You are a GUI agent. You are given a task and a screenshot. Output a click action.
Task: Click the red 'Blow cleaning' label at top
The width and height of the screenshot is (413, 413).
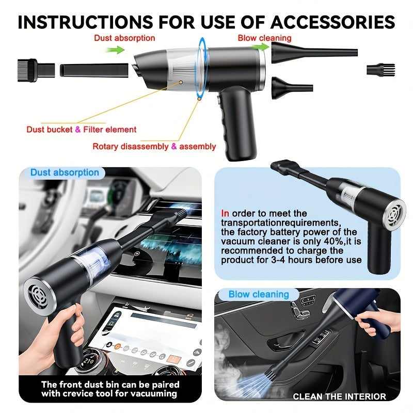tap(264, 38)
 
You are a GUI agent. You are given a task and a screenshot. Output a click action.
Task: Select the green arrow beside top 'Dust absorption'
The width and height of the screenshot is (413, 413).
tap(115, 50)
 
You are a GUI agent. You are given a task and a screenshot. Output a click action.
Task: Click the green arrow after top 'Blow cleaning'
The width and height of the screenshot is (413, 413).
tap(262, 47)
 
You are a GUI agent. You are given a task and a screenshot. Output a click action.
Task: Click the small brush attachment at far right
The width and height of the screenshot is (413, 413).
tap(380, 70)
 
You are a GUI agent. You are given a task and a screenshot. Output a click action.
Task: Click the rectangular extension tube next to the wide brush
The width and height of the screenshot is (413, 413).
tap(94, 69)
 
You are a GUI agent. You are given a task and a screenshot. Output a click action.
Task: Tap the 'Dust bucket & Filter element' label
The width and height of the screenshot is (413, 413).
tap(82, 130)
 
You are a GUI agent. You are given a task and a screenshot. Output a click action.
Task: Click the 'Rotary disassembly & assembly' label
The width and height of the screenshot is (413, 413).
tap(154, 147)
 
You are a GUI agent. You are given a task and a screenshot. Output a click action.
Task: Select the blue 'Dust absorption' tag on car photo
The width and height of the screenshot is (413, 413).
tap(64, 172)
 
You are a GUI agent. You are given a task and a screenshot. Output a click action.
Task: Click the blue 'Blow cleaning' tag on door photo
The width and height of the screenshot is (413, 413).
tap(259, 294)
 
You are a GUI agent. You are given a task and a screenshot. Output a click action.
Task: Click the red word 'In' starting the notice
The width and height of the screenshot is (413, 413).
tap(225, 213)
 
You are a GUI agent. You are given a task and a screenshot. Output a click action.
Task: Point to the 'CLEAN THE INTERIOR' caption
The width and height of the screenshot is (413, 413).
tap(339, 396)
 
